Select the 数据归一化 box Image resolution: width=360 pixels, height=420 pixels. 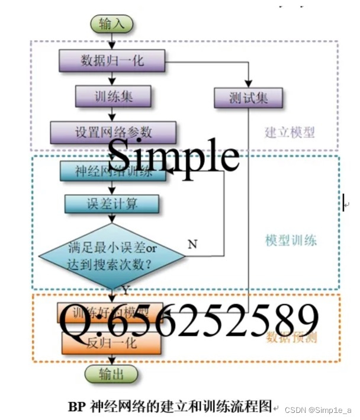coord(111,60)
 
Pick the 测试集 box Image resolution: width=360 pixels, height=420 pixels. coord(248,98)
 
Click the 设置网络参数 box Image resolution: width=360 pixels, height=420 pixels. coord(112,132)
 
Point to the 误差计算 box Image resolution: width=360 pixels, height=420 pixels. coord(111,204)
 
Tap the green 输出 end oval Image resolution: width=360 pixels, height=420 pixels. coord(111,374)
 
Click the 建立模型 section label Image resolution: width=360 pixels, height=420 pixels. coord(290,132)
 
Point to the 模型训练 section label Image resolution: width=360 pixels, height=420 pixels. coord(291,240)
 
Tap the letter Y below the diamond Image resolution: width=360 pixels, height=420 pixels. coord(125,289)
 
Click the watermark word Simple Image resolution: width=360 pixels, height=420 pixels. coord(173,156)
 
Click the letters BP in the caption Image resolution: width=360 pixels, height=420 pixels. coord(77,406)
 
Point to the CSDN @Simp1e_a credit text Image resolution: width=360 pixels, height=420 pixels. coord(318,410)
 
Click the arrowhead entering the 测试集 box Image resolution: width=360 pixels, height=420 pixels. coord(248,85)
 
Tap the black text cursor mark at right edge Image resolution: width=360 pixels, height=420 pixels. coord(343,203)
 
